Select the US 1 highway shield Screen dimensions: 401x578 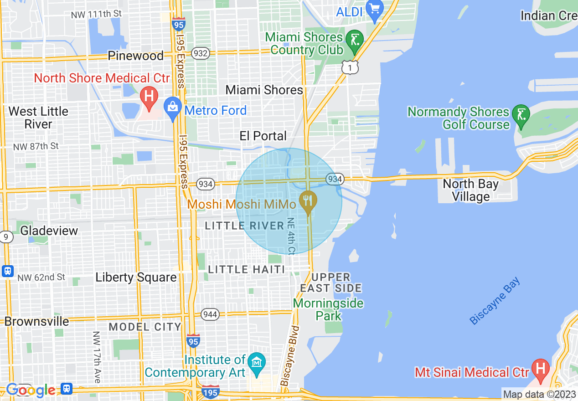pos(351,67)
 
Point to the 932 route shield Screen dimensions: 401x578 pos(201,53)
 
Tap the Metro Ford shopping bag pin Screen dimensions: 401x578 pos(173,109)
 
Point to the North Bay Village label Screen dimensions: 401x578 pos(470,190)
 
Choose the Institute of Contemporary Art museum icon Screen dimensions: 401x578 pos(257,363)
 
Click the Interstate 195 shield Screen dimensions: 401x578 pos(211,391)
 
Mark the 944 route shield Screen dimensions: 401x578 pos(211,314)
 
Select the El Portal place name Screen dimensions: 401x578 pos(263,136)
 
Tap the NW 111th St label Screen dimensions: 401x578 pos(96,14)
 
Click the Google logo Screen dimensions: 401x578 pos(31,390)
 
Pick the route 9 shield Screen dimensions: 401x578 pos(6,237)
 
